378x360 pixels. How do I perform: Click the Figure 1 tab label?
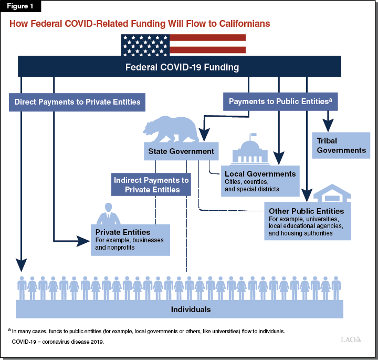(x=21, y=7)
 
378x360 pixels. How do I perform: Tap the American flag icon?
(x=183, y=44)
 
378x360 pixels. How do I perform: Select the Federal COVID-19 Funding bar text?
(x=182, y=67)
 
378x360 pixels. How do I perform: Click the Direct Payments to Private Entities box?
(x=78, y=101)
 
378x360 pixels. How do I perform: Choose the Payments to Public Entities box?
(x=280, y=101)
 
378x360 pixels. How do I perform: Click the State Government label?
(x=181, y=151)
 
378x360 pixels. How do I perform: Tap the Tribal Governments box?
(x=341, y=146)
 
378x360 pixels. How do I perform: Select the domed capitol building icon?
(x=250, y=152)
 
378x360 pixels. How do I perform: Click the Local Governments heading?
(x=260, y=173)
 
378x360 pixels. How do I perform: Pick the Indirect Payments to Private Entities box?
(x=151, y=184)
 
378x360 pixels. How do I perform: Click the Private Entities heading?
(x=123, y=232)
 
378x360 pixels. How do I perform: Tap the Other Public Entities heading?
(x=306, y=211)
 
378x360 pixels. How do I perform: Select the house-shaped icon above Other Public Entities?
(x=332, y=194)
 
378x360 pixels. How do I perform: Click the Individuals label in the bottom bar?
(x=191, y=309)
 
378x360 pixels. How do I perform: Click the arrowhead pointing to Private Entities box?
(x=84, y=241)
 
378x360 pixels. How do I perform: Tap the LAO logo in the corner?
(x=351, y=340)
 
